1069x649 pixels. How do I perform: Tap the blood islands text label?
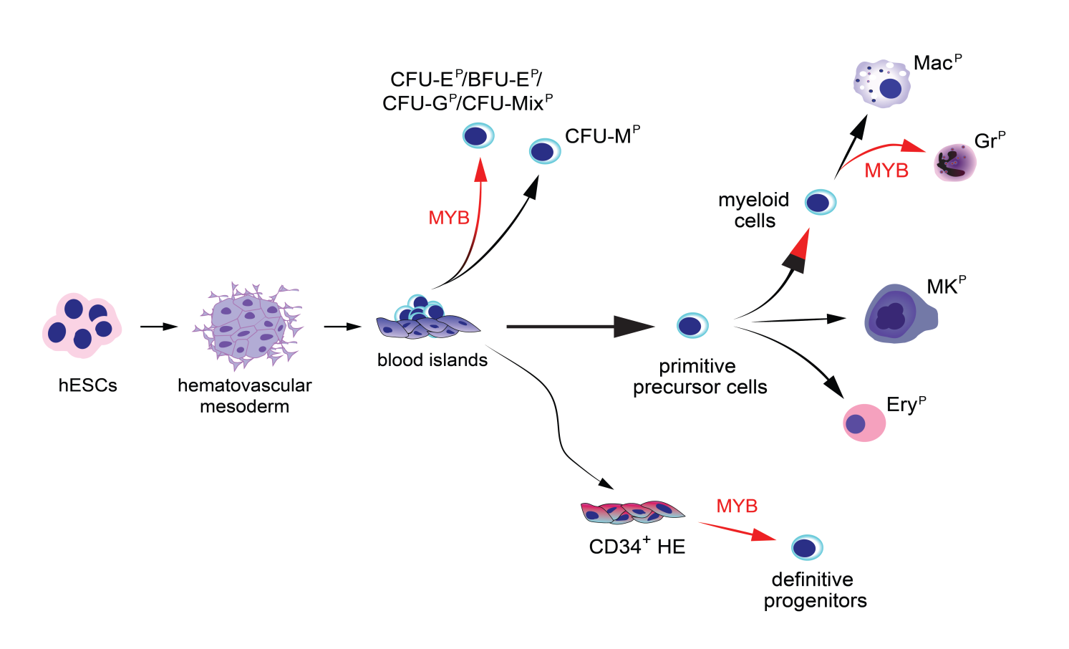pyautogui.click(x=432, y=360)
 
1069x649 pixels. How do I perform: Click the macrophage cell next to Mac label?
pyautogui.click(x=882, y=85)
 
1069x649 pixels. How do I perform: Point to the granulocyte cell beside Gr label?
pyautogui.click(x=955, y=163)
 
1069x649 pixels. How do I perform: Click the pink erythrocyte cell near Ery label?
pyautogui.click(x=864, y=423)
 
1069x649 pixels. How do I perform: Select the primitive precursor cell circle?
pyautogui.click(x=692, y=326)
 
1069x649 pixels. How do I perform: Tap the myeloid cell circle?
pyautogui.click(x=820, y=203)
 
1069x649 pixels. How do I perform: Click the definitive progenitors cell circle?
pyautogui.click(x=807, y=548)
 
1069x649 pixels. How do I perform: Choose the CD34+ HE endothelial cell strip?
pyautogui.click(x=632, y=512)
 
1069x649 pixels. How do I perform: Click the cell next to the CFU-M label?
pyautogui.click(x=544, y=151)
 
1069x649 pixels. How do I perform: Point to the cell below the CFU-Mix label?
pyautogui.click(x=478, y=135)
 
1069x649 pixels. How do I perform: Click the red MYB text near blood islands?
pyautogui.click(x=449, y=218)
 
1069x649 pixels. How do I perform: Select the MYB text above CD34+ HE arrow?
pyautogui.click(x=737, y=506)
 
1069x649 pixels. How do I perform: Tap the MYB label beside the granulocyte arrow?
pyautogui.click(x=886, y=170)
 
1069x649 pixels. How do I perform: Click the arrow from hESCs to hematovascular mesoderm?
pyautogui.click(x=158, y=327)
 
